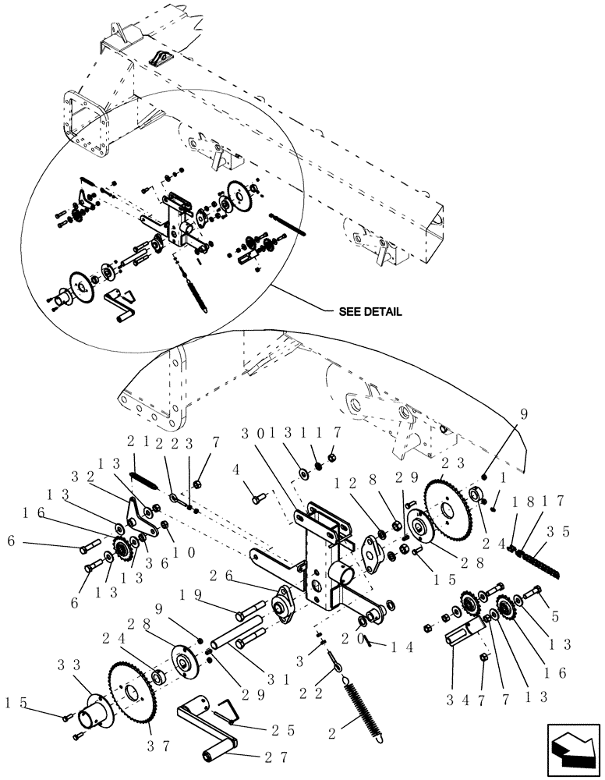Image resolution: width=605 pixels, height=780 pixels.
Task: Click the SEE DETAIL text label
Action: (370, 311)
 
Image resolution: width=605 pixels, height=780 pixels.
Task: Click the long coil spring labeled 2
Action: (363, 702)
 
